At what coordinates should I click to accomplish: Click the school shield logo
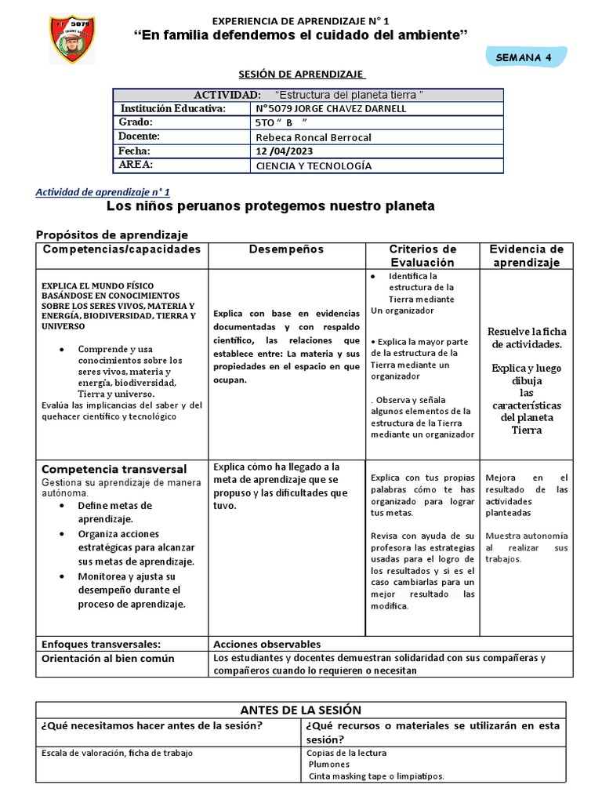pyautogui.click(x=72, y=39)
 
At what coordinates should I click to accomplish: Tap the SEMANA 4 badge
pyautogui.click(x=526, y=57)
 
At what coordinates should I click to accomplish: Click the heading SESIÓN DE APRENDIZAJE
pyautogui.click(x=302, y=74)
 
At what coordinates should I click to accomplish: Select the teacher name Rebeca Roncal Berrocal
pyautogui.click(x=302, y=137)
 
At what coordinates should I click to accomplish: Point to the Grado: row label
pyautogui.click(x=136, y=122)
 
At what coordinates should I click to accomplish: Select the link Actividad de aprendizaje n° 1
pyautogui.click(x=103, y=191)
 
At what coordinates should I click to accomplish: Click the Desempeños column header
pyautogui.click(x=286, y=249)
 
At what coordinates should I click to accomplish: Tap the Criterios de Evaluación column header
pyautogui.click(x=422, y=256)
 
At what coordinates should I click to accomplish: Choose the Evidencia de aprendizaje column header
pyautogui.click(x=526, y=256)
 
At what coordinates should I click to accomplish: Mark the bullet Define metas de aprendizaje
pyautogui.click(x=114, y=512)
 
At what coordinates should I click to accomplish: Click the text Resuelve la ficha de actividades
pyautogui.click(x=526, y=337)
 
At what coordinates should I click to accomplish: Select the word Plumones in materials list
pyautogui.click(x=329, y=764)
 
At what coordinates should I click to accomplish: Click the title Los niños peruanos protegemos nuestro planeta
pyautogui.click(x=270, y=206)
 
